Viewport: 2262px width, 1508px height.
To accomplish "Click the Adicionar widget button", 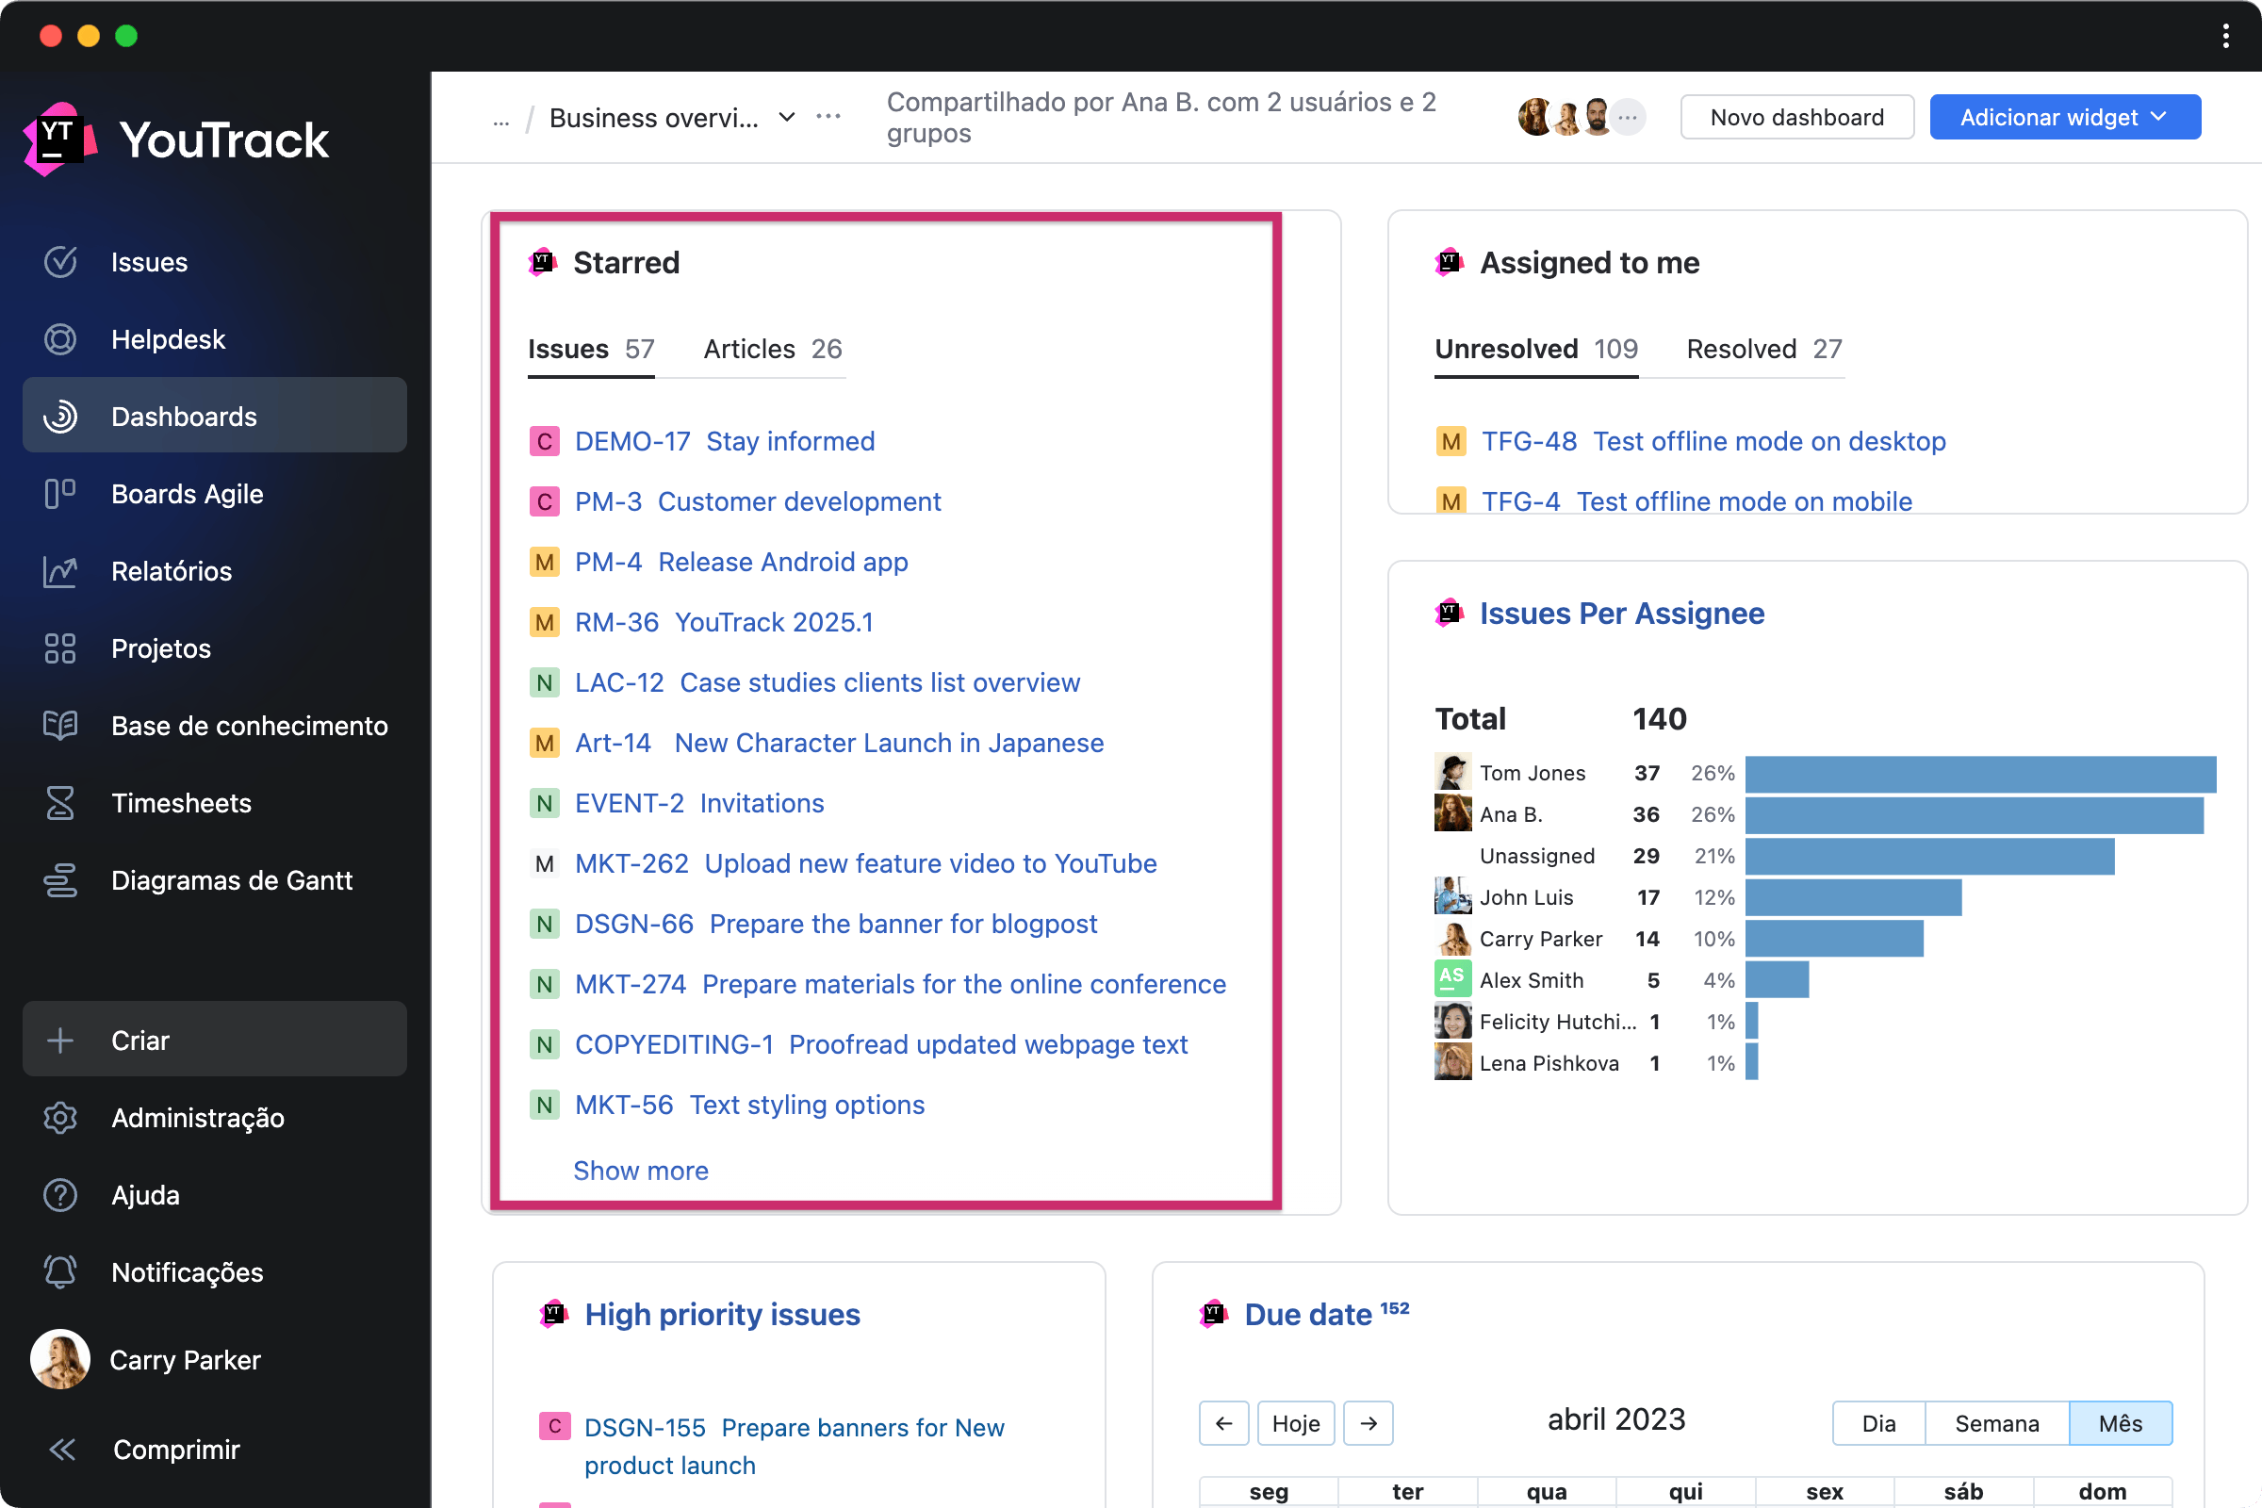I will click(x=2064, y=117).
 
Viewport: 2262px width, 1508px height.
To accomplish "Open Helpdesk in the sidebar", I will click(x=168, y=339).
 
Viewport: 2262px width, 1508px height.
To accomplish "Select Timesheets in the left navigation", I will click(x=181, y=803).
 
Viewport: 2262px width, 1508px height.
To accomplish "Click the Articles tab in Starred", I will click(x=772, y=349).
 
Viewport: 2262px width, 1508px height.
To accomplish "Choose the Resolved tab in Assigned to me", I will click(x=1762, y=349).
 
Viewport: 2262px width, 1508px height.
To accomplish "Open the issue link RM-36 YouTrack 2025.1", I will click(x=723, y=622).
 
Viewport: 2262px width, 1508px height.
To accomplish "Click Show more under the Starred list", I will click(x=641, y=1171).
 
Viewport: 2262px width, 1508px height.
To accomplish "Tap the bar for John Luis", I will click(x=1852, y=897).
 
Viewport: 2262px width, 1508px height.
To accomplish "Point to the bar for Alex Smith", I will click(x=1777, y=980).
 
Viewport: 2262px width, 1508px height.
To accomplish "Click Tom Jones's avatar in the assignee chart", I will click(x=1452, y=772).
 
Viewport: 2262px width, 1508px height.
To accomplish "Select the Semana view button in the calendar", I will click(x=1995, y=1423).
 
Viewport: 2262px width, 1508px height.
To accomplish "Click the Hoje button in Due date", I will click(x=1295, y=1423).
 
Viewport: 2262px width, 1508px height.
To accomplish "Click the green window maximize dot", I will click(x=126, y=36).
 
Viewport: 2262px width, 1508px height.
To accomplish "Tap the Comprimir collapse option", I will click(x=175, y=1450).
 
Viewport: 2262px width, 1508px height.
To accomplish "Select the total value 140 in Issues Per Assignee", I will click(x=1659, y=718).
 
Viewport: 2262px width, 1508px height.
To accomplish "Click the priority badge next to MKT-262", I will click(x=545, y=863).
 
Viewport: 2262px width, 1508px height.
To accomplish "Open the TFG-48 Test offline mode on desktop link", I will click(x=1713, y=441).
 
